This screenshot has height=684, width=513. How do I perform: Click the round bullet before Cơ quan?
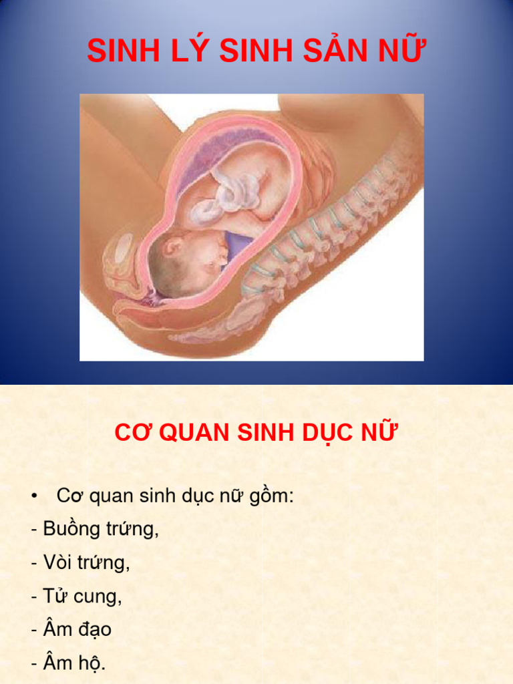[34, 496]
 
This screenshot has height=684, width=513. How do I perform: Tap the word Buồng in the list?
[71, 529]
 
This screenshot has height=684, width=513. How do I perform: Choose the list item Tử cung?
[82, 596]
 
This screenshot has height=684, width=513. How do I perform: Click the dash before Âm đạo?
[34, 629]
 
